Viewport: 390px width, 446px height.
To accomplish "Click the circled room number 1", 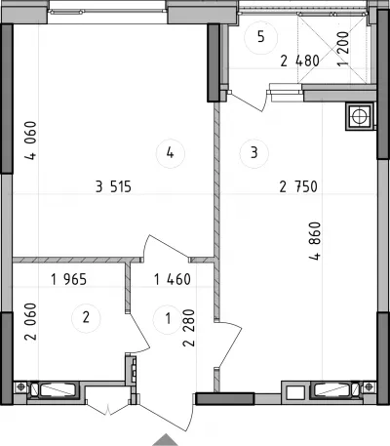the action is pos(168,319).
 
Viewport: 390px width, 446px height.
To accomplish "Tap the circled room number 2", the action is pos(86,317).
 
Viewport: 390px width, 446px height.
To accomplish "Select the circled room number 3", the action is pos(254,152).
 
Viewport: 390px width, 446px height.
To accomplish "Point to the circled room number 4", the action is pos(171,152).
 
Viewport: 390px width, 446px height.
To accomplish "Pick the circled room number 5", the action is pos(261,37).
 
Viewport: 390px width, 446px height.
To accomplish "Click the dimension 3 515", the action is pos(114,186).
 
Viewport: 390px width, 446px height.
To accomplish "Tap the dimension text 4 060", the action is pos(31,141).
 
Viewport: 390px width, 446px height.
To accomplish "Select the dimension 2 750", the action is pos(298,186).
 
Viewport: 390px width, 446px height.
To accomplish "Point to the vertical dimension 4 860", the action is pos(315,241).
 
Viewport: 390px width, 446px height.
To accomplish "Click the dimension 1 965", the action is pos(69,279).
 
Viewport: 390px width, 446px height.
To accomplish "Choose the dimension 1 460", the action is pos(173,279).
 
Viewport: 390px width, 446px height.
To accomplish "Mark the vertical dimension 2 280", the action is pos(189,328).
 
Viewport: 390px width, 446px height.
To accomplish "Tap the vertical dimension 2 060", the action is pos(31,321).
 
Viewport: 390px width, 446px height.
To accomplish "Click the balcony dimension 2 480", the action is pos(299,61).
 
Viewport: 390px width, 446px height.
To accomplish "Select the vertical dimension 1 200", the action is pos(343,49).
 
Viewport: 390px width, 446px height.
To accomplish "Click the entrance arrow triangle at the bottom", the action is pos(166,440).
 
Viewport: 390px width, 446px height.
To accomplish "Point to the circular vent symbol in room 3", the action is pos(360,116).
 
